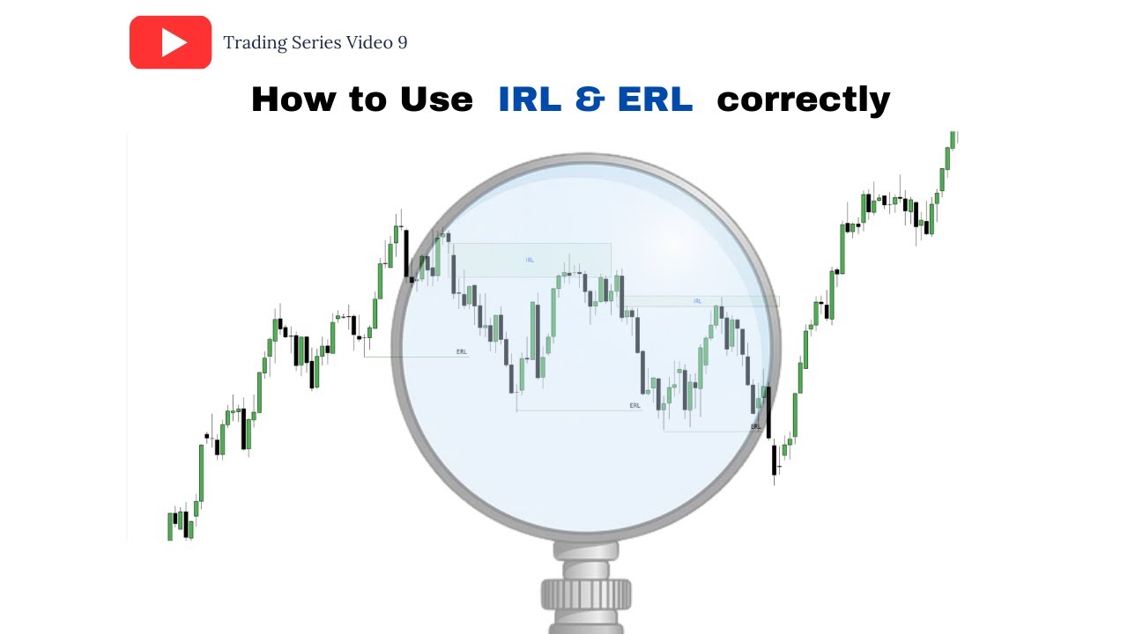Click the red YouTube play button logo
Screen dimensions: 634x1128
coord(170,42)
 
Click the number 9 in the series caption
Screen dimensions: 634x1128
coord(402,42)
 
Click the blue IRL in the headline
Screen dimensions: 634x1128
coord(530,99)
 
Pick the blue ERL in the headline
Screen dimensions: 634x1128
coord(656,99)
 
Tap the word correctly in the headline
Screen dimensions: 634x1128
coord(803,100)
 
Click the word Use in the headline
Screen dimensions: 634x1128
coord(436,99)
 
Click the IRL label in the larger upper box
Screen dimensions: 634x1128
coord(530,260)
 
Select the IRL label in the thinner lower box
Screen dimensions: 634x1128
coord(697,301)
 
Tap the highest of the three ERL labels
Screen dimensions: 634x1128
coord(462,351)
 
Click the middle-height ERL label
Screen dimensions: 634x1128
coord(635,406)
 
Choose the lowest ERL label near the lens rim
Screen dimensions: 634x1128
coord(755,426)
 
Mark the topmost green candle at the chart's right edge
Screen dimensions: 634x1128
coord(953,138)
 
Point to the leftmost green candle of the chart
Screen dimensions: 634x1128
coord(170,527)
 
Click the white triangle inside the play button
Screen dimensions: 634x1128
coord(174,42)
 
